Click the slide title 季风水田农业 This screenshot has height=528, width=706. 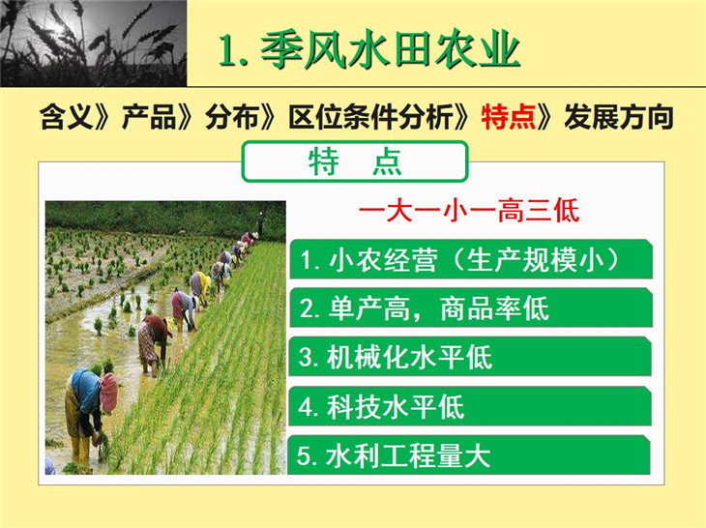[x=390, y=49]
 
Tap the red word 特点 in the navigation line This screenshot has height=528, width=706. [x=508, y=117]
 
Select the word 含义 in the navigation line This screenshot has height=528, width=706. [x=66, y=117]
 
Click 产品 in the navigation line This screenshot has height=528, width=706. [x=149, y=117]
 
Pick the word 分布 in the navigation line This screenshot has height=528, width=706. [x=231, y=117]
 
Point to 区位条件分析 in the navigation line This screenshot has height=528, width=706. [x=370, y=117]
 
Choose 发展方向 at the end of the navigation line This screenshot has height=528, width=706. [x=619, y=117]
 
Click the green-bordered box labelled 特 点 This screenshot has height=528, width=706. [x=355, y=161]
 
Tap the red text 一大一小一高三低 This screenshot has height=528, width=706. [x=469, y=210]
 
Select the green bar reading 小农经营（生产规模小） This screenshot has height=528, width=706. [x=471, y=259]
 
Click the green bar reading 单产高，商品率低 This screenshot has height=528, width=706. [x=471, y=308]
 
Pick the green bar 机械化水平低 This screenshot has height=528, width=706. [x=470, y=357]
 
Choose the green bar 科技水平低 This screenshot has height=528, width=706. [x=470, y=406]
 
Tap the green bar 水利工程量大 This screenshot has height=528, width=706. [x=469, y=455]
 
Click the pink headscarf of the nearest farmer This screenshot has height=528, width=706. [x=108, y=393]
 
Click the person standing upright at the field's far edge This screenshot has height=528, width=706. [x=260, y=223]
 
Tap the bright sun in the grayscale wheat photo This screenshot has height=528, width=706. [x=58, y=28]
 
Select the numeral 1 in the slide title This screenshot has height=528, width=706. [x=227, y=51]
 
